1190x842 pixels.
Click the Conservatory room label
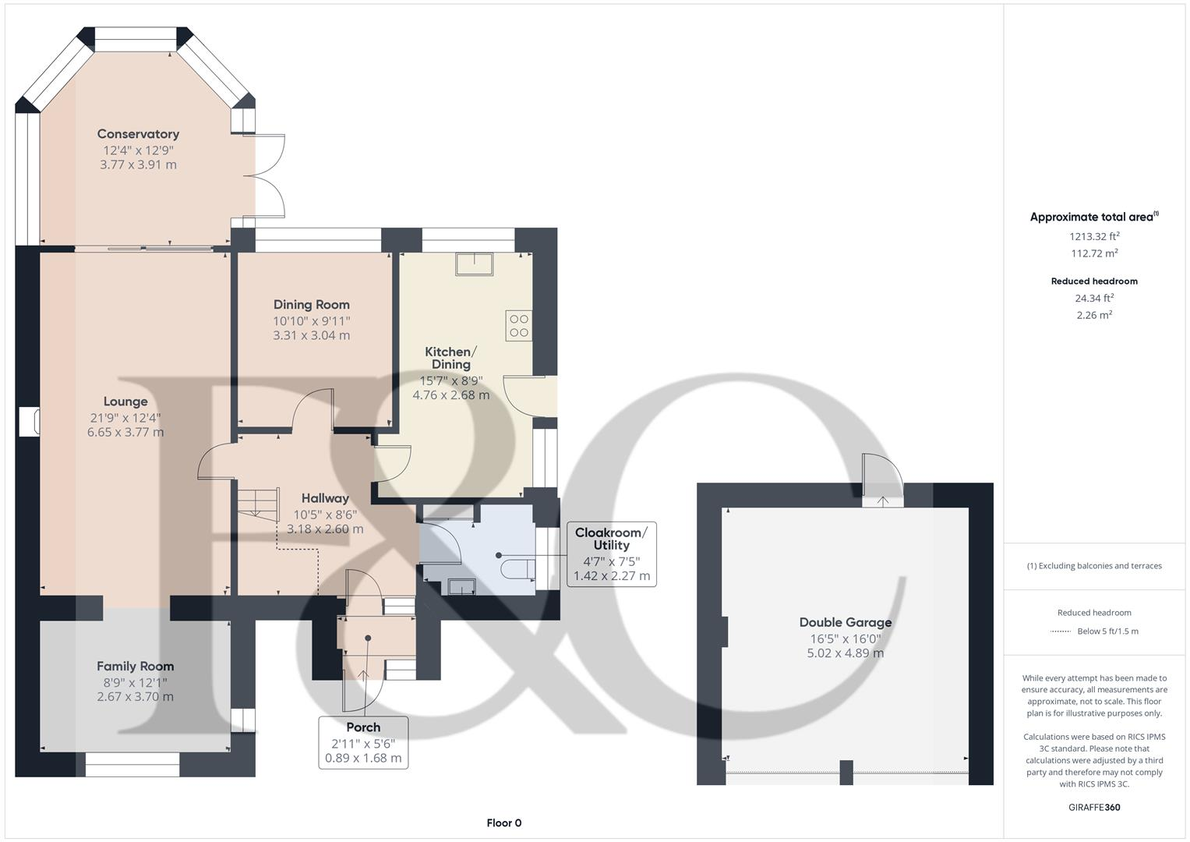(x=138, y=134)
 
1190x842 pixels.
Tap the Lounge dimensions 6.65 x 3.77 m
(x=125, y=432)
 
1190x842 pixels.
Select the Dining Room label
(x=311, y=305)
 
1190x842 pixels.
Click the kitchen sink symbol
(x=474, y=264)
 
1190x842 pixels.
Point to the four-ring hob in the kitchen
(x=518, y=326)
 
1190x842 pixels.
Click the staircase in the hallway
(x=258, y=504)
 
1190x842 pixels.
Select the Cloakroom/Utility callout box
(x=611, y=554)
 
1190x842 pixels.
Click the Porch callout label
(x=363, y=741)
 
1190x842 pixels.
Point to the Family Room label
(x=135, y=667)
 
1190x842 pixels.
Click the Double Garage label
(x=845, y=622)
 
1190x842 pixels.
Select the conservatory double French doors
(x=269, y=176)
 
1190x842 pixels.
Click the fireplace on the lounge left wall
(x=30, y=421)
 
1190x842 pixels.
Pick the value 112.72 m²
(x=1094, y=253)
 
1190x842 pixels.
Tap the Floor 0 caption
(x=503, y=823)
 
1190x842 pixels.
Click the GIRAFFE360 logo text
(x=1093, y=807)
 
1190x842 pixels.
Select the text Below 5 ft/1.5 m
(x=1107, y=631)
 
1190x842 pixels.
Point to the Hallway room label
(x=325, y=498)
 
